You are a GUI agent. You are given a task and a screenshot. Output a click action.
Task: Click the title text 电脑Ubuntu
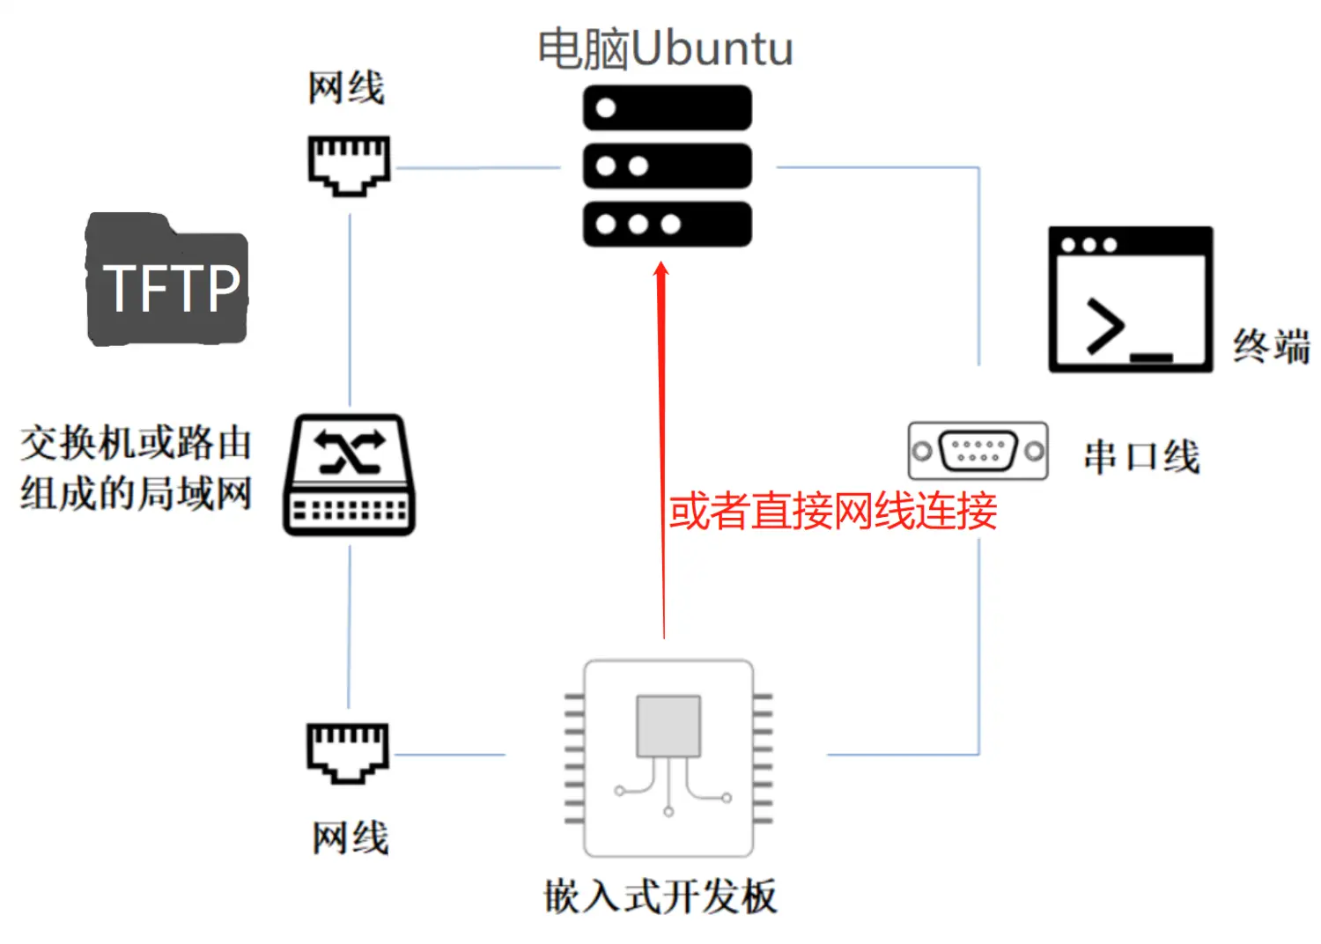click(x=665, y=48)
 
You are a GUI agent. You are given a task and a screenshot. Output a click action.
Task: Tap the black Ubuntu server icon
click(x=667, y=166)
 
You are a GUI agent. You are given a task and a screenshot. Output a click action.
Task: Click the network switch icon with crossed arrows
click(x=349, y=475)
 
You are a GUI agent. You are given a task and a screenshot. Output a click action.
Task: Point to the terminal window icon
click(x=1130, y=299)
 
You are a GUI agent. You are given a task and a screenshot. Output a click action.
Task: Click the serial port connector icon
click(x=978, y=451)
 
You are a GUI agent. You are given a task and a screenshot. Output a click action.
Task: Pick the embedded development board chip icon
click(x=668, y=758)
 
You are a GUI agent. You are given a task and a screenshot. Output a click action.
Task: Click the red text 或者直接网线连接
click(x=832, y=512)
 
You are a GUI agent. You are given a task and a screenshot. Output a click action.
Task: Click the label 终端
click(x=1271, y=346)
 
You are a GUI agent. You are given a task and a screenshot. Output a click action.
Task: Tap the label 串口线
click(x=1141, y=457)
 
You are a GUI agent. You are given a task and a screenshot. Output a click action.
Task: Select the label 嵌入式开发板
click(x=660, y=896)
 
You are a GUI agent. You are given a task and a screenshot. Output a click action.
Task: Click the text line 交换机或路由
click(x=137, y=443)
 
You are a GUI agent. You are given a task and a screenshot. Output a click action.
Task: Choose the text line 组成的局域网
click(x=137, y=493)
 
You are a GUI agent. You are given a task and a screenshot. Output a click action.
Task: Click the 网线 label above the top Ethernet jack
click(x=346, y=88)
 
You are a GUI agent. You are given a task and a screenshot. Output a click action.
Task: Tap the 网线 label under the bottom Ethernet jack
click(x=350, y=837)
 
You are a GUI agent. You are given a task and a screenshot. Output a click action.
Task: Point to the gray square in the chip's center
click(x=668, y=726)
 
